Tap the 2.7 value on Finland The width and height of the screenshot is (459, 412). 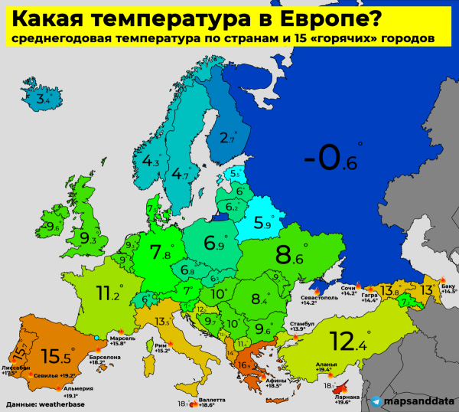226,139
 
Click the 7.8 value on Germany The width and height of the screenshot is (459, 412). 161,252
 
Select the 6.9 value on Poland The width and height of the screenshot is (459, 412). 213,245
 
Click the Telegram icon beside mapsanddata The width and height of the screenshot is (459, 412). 377,401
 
